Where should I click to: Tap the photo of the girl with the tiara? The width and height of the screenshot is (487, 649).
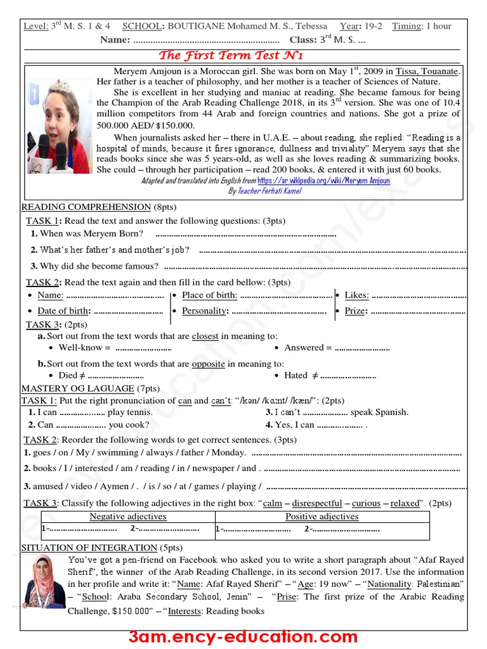pyautogui.click(x=58, y=120)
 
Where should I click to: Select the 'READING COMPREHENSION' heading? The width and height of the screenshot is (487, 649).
pyautogui.click(x=86, y=207)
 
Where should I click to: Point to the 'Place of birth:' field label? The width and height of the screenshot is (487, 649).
pyautogui.click(x=209, y=295)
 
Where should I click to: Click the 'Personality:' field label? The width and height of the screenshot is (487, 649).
pyautogui.click(x=204, y=311)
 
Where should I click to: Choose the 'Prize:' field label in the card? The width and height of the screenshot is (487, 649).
pyautogui.click(x=355, y=311)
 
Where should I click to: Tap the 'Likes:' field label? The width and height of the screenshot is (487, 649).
pyautogui.click(x=356, y=295)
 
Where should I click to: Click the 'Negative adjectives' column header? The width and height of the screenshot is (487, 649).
pyautogui.click(x=127, y=517)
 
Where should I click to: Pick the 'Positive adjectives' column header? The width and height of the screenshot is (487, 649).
pyautogui.click(x=321, y=517)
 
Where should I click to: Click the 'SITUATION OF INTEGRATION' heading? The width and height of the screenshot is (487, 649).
pyautogui.click(x=89, y=548)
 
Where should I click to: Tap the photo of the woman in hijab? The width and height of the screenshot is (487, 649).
pyautogui.click(x=44, y=582)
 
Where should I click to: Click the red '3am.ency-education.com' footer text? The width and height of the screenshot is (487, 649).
pyautogui.click(x=243, y=636)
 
